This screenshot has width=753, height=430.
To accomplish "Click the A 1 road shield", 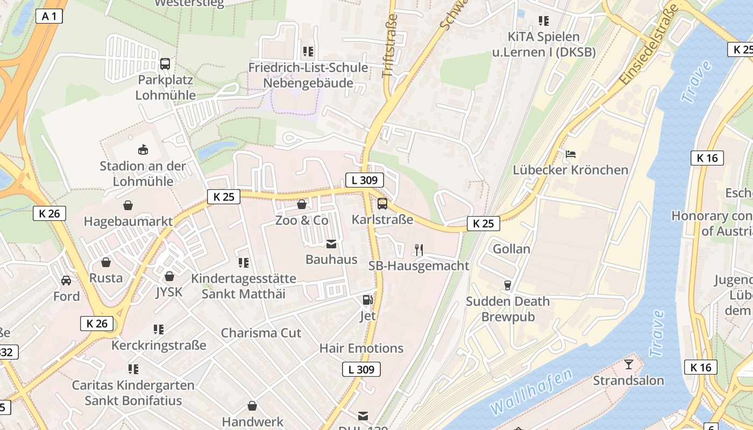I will (x=49, y=16).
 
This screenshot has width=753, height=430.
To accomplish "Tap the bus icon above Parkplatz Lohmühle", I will (x=165, y=64).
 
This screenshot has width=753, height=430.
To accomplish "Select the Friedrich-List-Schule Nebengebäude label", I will (x=308, y=75).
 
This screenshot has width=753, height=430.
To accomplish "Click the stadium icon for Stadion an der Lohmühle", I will (x=143, y=149).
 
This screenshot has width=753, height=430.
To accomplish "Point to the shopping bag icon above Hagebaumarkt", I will (x=128, y=205).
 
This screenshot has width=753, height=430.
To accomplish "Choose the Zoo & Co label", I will (x=302, y=220).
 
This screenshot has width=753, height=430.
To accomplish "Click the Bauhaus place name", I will (x=331, y=260).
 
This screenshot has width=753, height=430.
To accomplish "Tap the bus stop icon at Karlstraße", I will (x=382, y=204).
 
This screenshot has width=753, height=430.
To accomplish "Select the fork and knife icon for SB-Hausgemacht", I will (x=419, y=249).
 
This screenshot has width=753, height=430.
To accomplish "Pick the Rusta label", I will (x=106, y=278).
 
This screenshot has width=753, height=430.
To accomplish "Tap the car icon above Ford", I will (x=66, y=280).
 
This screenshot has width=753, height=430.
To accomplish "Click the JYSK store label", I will (x=169, y=292).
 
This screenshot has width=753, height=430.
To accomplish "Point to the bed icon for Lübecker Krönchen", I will (x=571, y=154).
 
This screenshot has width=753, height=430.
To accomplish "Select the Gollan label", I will (x=512, y=249).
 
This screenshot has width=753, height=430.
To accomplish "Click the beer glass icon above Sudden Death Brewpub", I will (x=507, y=285).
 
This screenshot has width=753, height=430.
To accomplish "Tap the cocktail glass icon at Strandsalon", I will (x=628, y=365).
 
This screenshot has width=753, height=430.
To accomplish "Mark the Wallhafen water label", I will (x=531, y=392).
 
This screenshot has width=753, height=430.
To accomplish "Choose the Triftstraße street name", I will (x=390, y=46).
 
